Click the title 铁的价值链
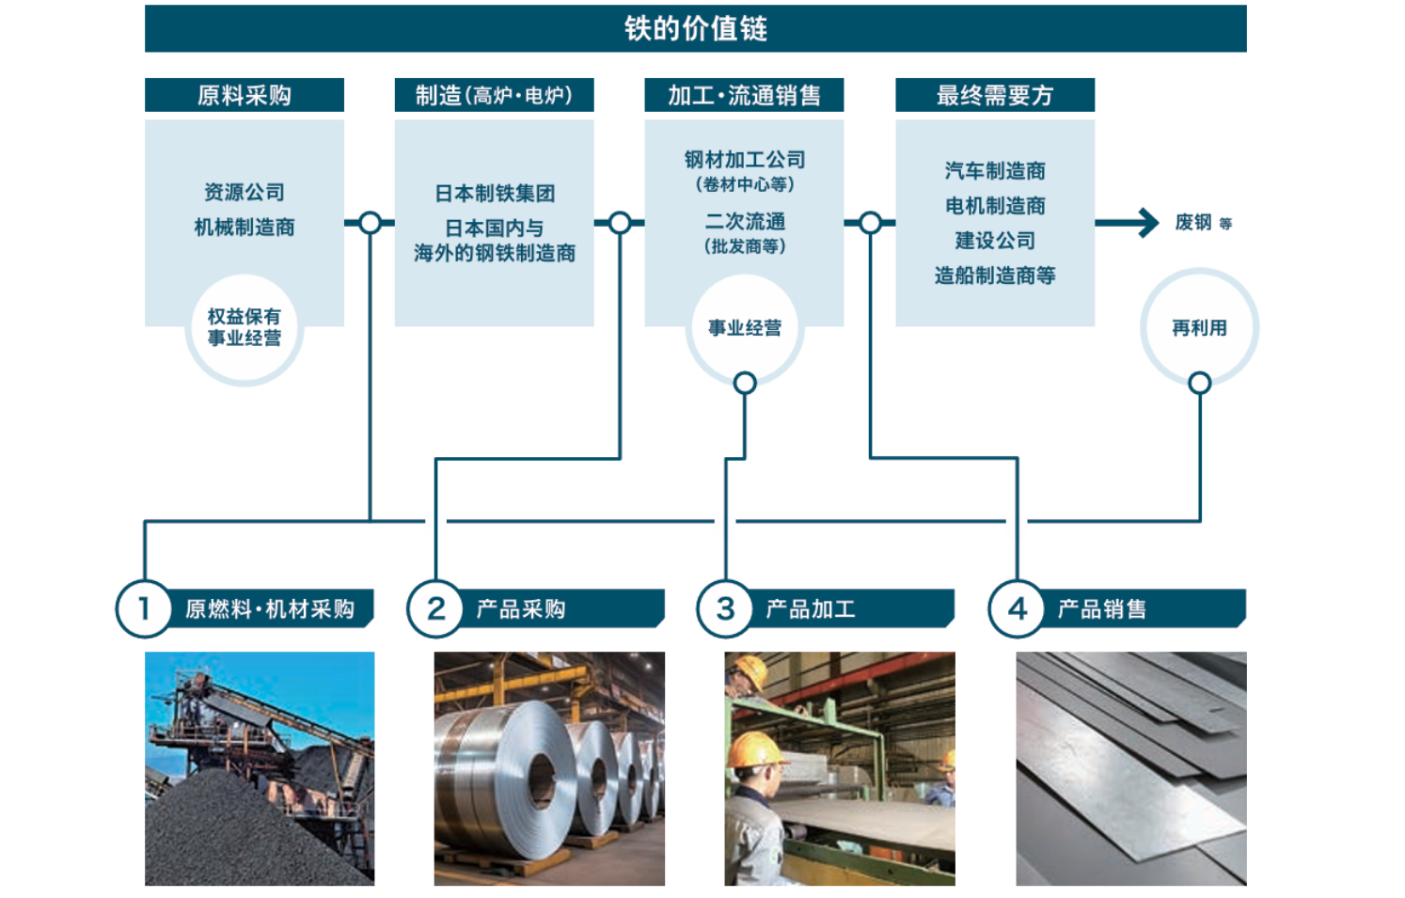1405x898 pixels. [695, 28]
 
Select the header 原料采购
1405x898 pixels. [245, 95]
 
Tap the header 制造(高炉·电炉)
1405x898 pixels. [494, 95]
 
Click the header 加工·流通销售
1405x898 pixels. [744, 95]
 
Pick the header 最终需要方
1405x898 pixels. [994, 95]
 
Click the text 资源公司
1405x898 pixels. [245, 193]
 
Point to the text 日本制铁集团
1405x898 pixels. [494, 194]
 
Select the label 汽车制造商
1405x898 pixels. [995, 171]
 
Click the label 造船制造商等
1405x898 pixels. [995, 276]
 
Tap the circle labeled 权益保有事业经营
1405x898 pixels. [245, 328]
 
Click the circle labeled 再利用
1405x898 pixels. [1199, 327]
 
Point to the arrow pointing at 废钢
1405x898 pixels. [1129, 223]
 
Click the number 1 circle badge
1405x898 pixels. [144, 608]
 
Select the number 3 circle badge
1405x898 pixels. [725, 608]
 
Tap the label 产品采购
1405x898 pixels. [521, 609]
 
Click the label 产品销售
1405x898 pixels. [1102, 609]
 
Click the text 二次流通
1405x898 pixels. [744, 222]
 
